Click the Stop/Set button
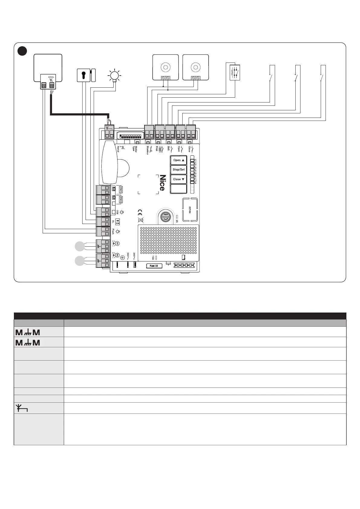(179, 170)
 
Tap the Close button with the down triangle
(179, 179)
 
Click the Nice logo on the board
(162, 183)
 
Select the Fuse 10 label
(154, 266)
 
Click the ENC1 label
(120, 190)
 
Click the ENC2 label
(120, 200)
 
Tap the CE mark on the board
(140, 212)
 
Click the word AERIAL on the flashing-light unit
(51, 77)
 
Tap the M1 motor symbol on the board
(118, 243)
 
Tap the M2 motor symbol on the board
(118, 256)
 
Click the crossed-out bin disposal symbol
(140, 220)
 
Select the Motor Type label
(135, 149)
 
